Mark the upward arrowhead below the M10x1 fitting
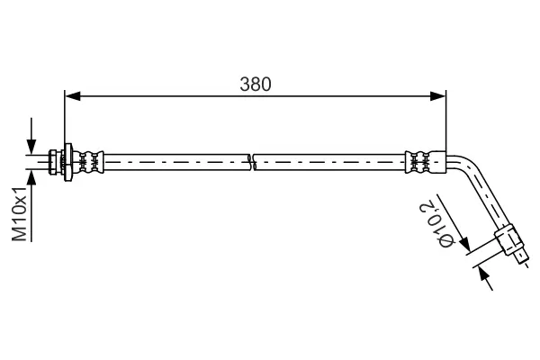click(31, 176)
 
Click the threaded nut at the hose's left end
click(57, 161)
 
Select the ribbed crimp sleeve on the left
click(90, 162)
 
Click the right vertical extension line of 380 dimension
click(446, 121)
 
